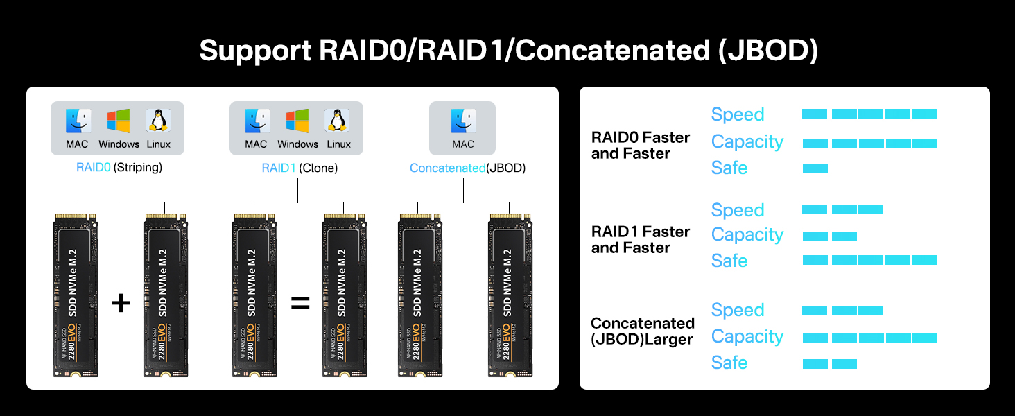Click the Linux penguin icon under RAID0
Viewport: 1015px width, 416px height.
point(157,121)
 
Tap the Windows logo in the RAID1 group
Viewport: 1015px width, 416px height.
point(297,121)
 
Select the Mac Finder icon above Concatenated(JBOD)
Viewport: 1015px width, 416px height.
point(462,121)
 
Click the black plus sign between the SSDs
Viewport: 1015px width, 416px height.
point(121,303)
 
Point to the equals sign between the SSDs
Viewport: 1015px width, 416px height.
point(300,303)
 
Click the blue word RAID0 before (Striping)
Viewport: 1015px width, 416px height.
point(94,167)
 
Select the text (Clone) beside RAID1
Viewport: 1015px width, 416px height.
point(318,168)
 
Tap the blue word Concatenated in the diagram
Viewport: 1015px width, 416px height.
point(448,168)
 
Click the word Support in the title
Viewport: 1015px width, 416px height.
point(255,51)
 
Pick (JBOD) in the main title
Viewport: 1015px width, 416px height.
point(768,50)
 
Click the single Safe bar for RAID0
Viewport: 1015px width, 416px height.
point(815,168)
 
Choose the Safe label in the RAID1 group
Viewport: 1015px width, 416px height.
point(729,261)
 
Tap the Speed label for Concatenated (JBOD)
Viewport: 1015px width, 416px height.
point(738,310)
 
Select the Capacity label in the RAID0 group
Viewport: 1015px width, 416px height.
point(747,142)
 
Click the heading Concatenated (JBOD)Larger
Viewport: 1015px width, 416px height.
point(643,331)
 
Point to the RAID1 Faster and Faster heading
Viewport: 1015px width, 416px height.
point(640,240)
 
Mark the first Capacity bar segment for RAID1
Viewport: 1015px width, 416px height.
point(815,236)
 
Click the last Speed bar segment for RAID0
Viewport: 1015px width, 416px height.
point(924,114)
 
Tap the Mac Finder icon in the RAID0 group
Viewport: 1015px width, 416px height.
point(78,121)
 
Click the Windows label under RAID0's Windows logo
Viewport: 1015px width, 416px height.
point(119,144)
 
